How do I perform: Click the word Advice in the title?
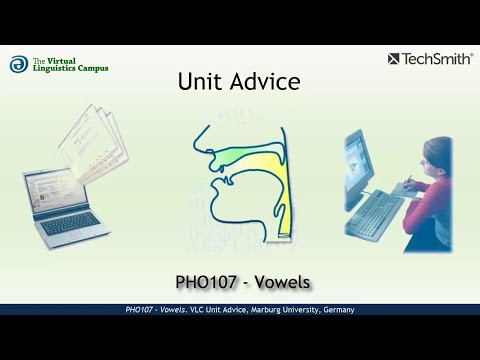264,82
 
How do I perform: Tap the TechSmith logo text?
438,59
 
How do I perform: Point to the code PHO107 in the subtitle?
212,280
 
